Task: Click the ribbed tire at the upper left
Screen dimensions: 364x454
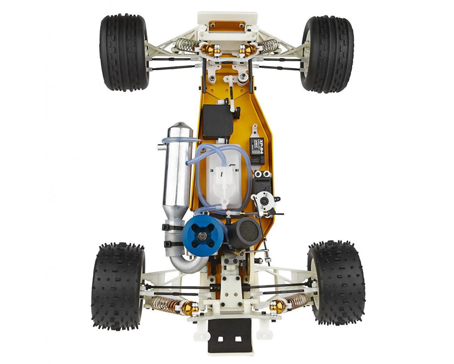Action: click(x=124, y=53)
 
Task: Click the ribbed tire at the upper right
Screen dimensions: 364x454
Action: click(x=327, y=54)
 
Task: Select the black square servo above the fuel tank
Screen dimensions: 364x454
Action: click(x=217, y=121)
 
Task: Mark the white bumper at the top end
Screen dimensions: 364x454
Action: click(x=227, y=21)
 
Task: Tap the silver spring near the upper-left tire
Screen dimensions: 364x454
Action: click(x=184, y=45)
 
